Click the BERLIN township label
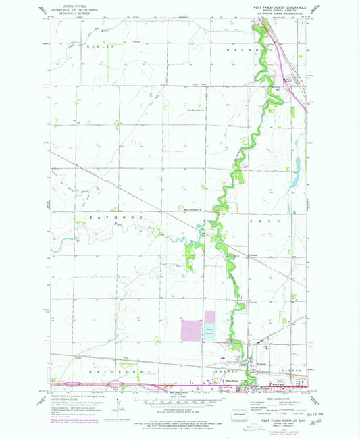tap(98, 48)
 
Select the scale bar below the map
tap(180, 401)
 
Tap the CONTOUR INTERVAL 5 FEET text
tap(180, 406)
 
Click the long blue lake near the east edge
tap(298, 166)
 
